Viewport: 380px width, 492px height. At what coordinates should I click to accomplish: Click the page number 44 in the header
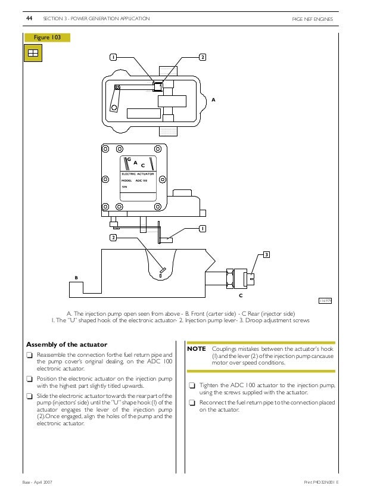(x=29, y=19)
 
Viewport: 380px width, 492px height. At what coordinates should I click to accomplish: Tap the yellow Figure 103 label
(x=46, y=38)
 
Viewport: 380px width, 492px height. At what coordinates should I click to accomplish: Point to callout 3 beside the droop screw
(x=266, y=255)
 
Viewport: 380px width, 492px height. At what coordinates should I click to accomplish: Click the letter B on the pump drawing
(x=76, y=278)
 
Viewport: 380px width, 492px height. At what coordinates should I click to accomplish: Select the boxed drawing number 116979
(x=325, y=301)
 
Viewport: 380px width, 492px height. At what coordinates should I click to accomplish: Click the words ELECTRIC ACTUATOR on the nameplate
(x=138, y=173)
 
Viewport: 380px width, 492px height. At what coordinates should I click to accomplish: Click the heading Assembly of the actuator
(x=67, y=344)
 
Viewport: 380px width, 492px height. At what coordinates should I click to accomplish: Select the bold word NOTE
(x=197, y=348)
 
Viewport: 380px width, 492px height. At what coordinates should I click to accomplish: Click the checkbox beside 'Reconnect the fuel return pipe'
(x=192, y=403)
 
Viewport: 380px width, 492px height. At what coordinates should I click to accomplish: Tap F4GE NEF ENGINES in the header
(x=312, y=20)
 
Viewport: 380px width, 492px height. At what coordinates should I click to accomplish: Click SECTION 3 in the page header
(x=55, y=19)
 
